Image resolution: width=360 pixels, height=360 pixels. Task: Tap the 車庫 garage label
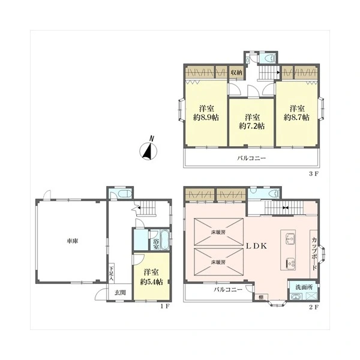[73, 241]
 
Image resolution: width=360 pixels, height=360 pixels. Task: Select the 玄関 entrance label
[120, 293]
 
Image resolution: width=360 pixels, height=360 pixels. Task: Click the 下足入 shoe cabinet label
[112, 274]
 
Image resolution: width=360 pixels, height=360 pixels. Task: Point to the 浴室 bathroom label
[156, 244]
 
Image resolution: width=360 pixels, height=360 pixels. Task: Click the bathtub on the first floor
[164, 240]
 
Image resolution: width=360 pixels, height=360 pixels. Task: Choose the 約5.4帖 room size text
[152, 282]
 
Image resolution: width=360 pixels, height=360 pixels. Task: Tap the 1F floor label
[165, 306]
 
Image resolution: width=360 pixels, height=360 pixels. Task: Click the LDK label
[256, 246]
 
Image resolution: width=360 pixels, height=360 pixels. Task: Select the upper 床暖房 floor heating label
[218, 232]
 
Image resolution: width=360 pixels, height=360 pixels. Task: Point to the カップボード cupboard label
[314, 254]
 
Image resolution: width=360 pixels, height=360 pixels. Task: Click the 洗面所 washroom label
[304, 287]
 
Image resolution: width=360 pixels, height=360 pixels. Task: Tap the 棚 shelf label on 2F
[261, 298]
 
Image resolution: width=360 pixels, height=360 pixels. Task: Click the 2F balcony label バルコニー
[228, 290]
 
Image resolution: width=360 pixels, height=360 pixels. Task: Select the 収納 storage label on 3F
[236, 73]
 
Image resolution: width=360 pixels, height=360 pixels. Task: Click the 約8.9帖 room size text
[206, 118]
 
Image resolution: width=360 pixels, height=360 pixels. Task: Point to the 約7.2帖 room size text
[252, 126]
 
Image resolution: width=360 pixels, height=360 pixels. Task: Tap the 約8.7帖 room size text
[296, 118]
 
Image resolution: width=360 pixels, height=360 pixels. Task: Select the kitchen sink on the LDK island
[290, 239]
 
